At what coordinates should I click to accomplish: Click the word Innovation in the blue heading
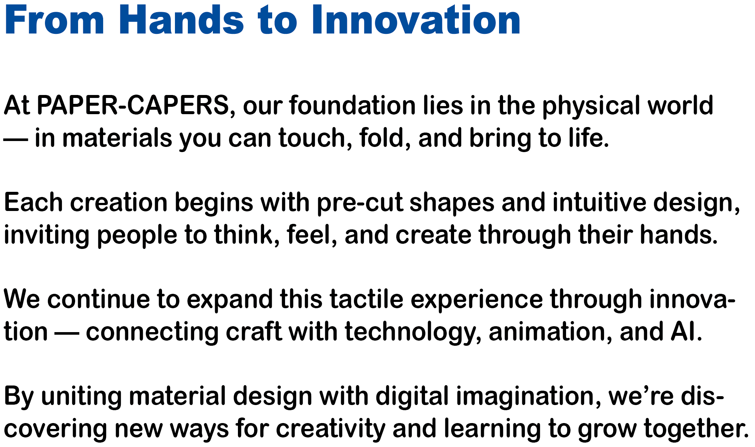[x=416, y=21]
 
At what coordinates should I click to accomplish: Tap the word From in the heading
[x=55, y=21]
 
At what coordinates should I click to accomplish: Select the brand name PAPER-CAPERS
[x=133, y=105]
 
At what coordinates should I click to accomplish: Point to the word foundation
[x=352, y=105]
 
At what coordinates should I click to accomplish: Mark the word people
[x=137, y=236]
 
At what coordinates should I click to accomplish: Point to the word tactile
[x=366, y=299]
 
